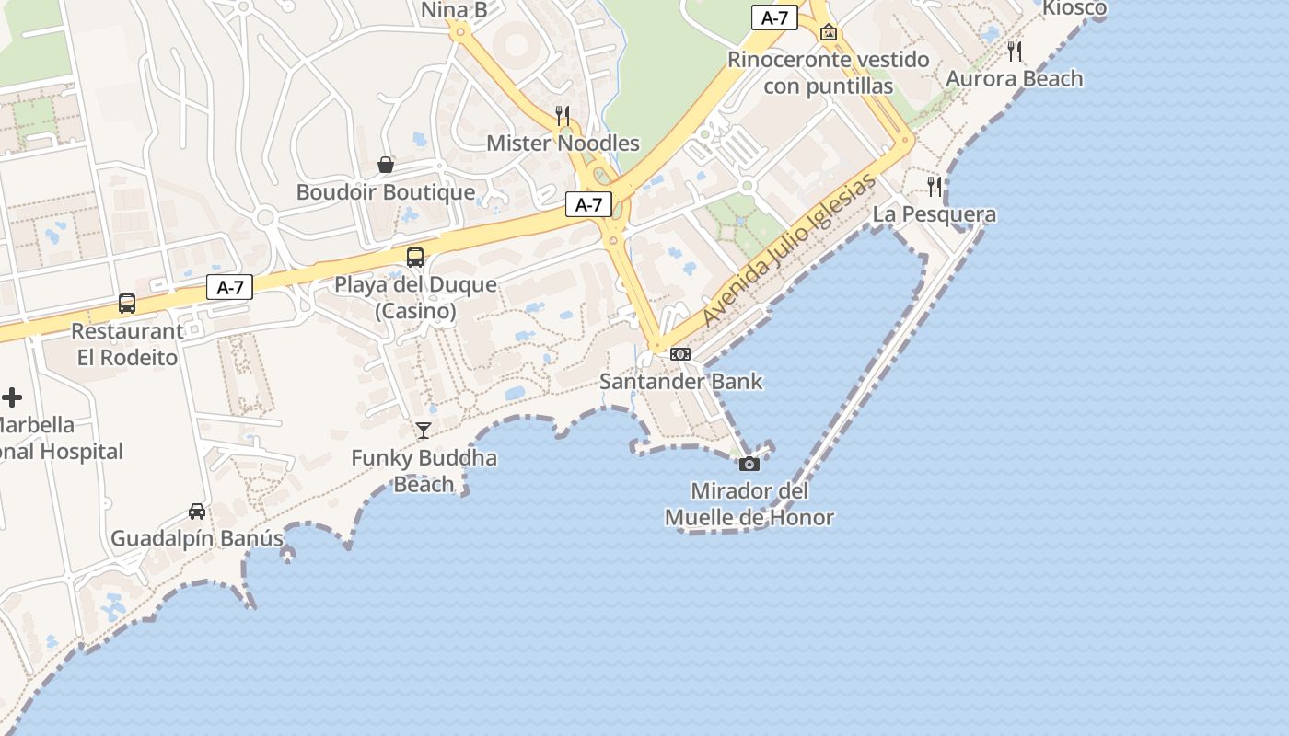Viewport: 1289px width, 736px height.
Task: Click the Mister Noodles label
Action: tap(563, 144)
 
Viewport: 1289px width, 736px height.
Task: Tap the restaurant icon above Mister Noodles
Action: tap(563, 115)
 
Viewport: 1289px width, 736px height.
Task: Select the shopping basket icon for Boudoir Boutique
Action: tap(386, 165)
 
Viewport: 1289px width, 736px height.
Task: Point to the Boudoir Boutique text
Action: tap(386, 192)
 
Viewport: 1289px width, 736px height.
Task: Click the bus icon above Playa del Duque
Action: tap(415, 257)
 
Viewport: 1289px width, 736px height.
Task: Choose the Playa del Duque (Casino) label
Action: tap(415, 297)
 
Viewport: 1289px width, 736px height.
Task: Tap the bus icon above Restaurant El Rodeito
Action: tap(127, 303)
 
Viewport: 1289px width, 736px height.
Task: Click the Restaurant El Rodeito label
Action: tap(127, 344)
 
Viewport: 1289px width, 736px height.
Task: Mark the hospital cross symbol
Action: tap(12, 397)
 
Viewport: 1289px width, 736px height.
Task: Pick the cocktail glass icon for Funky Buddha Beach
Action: tap(423, 430)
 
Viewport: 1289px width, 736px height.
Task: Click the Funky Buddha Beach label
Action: tap(424, 470)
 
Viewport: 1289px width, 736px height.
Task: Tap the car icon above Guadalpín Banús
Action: tap(196, 511)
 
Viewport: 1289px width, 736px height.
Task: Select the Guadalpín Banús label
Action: tap(197, 538)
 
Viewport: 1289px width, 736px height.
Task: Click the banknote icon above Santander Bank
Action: tap(680, 353)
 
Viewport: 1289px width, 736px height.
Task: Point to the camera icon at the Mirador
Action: tap(749, 464)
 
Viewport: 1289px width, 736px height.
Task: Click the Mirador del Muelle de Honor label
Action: tap(749, 504)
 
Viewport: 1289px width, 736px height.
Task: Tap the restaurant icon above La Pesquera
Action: tap(935, 187)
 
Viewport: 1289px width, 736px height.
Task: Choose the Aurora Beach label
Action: tap(1015, 79)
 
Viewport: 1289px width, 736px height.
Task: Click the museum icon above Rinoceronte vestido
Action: tap(829, 33)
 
